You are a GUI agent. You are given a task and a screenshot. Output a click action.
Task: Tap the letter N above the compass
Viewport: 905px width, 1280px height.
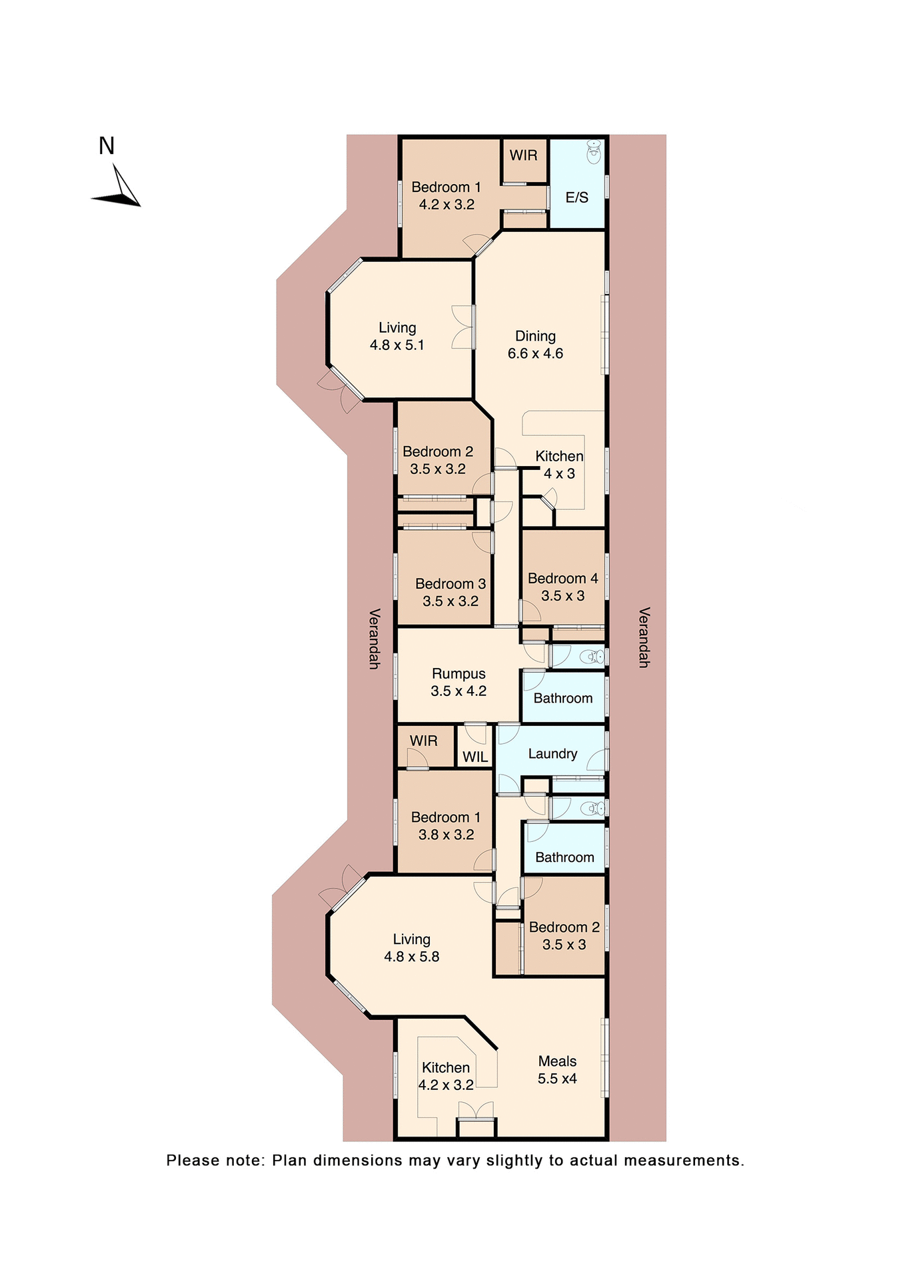pyautogui.click(x=107, y=146)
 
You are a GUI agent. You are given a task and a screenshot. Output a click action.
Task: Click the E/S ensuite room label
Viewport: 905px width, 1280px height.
pyautogui.click(x=576, y=197)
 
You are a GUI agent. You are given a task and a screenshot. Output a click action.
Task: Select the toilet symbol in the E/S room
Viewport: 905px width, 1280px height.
pyautogui.click(x=593, y=152)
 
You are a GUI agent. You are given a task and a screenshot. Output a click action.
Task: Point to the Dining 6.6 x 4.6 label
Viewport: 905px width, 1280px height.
pyautogui.click(x=535, y=345)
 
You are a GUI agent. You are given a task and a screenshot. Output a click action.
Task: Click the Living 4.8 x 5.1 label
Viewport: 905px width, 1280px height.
pyautogui.click(x=397, y=336)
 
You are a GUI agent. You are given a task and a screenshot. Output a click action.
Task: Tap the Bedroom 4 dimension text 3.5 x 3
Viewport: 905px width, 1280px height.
pyautogui.click(x=562, y=596)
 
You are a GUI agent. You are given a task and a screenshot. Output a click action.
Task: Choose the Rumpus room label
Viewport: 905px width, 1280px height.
pyautogui.click(x=458, y=674)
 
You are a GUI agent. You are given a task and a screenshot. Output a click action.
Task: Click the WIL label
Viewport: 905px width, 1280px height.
pyautogui.click(x=475, y=757)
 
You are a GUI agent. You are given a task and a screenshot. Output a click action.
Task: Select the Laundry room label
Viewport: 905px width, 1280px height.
pyautogui.click(x=552, y=754)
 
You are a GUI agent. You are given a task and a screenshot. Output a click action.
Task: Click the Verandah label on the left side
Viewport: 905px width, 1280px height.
pyautogui.click(x=375, y=638)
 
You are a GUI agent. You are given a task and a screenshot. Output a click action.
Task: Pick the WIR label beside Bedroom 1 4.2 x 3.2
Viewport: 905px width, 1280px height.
pyautogui.click(x=523, y=155)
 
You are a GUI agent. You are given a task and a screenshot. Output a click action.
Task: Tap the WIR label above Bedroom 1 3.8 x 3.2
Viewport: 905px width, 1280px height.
pyautogui.click(x=423, y=741)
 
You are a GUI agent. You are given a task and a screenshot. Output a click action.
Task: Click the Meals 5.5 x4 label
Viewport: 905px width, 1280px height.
pyautogui.click(x=557, y=1070)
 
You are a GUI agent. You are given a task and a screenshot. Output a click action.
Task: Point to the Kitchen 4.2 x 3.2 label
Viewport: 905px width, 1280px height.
pyautogui.click(x=446, y=1076)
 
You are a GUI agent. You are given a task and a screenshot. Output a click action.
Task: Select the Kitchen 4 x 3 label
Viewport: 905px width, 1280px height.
pyautogui.click(x=559, y=465)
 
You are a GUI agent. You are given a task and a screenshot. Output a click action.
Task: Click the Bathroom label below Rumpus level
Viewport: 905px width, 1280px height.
pyautogui.click(x=563, y=699)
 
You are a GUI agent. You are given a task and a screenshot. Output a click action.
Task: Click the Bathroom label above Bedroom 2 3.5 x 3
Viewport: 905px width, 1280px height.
pyautogui.click(x=564, y=857)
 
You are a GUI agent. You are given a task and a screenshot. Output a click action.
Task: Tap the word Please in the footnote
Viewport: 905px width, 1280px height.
pyautogui.click(x=192, y=1161)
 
